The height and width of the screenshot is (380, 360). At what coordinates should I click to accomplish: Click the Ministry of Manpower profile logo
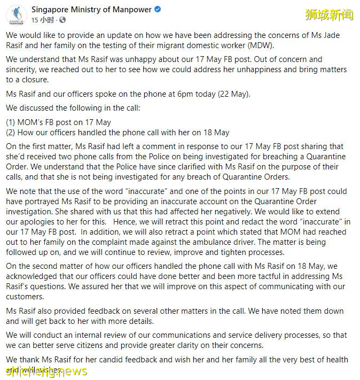17,15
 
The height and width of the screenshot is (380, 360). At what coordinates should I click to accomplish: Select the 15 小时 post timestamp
42,20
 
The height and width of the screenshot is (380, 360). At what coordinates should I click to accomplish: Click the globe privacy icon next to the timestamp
62,20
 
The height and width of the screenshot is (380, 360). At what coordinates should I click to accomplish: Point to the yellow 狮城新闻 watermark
329,14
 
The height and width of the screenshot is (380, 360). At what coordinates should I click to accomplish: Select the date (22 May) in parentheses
230,94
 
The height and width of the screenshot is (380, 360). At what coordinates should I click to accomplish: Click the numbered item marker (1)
12,122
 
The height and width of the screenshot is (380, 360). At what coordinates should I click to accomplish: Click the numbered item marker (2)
12,132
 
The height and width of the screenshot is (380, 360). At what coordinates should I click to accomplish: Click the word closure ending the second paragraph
32,79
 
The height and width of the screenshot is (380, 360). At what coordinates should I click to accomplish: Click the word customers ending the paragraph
27,296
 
